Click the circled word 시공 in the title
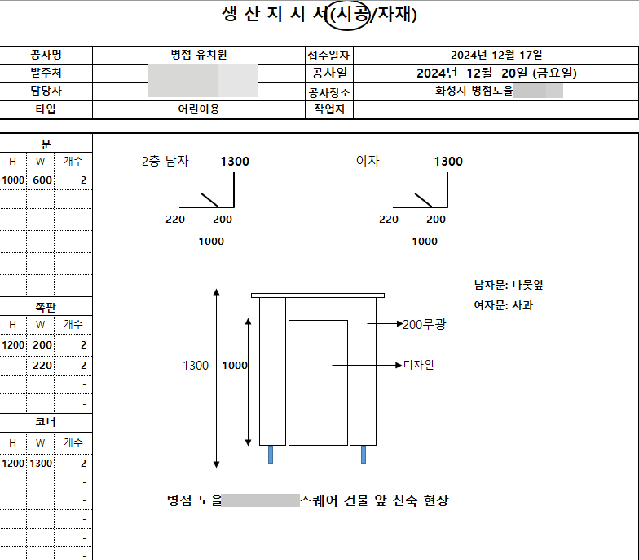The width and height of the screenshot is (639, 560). pos(347,15)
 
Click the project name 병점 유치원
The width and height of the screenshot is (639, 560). pos(198,55)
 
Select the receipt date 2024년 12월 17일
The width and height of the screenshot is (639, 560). pos(496,55)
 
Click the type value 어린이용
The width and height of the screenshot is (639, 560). pos(198,109)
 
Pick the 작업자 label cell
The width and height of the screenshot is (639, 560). pos(328,109)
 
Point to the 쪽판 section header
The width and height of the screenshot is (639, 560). pos(46,307)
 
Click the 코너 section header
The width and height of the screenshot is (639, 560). pos(46,422)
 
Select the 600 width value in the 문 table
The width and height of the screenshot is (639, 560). pos(42,180)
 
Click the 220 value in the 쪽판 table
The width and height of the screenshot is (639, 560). pos(42,366)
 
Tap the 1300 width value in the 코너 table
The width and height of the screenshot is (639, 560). pos(42,464)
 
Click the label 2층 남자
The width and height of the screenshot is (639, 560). pos(165,162)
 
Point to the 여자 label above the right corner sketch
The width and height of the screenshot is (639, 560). pos(368,162)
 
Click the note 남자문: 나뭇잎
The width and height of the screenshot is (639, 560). pos(509,286)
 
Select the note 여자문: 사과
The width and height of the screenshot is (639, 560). pos(504,306)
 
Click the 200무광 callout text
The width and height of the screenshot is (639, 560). pos(424,325)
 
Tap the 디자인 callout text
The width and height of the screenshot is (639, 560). pos(419,364)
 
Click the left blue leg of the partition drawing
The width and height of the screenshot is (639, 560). pos(271,455)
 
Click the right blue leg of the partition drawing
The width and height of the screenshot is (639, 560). pos(364,455)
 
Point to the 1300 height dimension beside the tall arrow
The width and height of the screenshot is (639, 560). pos(196,366)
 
